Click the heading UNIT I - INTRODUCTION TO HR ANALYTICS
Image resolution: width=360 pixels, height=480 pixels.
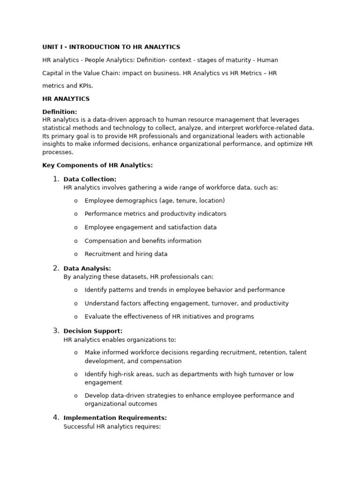coord(111,47)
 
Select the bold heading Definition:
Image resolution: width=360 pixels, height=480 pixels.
coord(60,112)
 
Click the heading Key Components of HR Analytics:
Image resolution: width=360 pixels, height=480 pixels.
coord(97,165)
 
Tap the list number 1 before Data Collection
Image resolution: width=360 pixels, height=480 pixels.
coord(56,179)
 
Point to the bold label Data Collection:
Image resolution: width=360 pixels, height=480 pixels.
coord(90,179)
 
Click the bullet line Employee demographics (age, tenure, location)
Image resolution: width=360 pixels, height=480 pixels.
coord(155,201)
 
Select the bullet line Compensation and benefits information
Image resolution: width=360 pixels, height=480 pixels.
coord(143,241)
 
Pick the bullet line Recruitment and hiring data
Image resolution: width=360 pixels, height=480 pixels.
coord(126,254)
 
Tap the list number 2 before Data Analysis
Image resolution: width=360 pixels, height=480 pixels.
coord(56,268)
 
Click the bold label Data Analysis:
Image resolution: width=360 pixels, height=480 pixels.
coord(87,269)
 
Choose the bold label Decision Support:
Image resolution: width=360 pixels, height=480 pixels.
coord(93,331)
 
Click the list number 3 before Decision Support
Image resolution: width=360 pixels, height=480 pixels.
coord(56,330)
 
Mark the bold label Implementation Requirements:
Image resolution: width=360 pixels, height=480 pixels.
coord(115,418)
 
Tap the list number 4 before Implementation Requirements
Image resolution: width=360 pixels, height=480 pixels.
coord(56,417)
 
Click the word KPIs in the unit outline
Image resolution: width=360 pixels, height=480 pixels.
coord(85,86)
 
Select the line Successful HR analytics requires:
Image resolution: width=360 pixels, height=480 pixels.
coord(112,427)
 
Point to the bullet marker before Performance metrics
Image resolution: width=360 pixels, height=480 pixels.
coord(75,214)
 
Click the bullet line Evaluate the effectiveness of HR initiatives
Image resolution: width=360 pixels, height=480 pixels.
coord(169,316)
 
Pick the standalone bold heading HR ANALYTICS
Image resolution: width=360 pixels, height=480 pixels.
coord(66,99)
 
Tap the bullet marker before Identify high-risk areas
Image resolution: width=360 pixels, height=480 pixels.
coord(75,375)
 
